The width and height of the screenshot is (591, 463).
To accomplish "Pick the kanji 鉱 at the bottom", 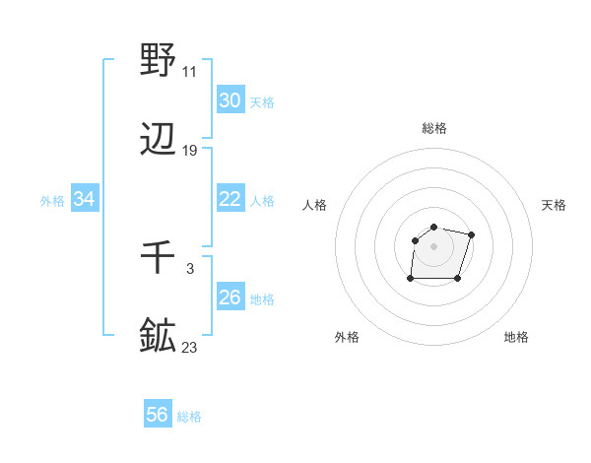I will (159, 335).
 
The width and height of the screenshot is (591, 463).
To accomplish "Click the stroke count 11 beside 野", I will (189, 72).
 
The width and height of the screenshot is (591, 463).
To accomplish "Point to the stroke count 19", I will (189, 151).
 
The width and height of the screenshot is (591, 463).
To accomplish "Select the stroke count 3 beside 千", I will (189, 268).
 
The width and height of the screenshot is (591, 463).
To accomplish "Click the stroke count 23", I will (189, 347).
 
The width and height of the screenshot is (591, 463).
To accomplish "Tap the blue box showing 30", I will (230, 100).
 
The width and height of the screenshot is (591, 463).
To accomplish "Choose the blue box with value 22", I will (230, 199).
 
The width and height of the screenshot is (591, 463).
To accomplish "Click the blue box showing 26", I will (230, 298).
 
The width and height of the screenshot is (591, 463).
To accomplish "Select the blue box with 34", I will (85, 199).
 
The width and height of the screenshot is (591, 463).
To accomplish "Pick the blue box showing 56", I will (158, 415).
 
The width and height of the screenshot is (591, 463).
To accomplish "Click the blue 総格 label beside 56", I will (189, 417).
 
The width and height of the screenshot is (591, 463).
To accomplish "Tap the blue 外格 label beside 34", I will (52, 201).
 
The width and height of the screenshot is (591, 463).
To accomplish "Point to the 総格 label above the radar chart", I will (434, 128).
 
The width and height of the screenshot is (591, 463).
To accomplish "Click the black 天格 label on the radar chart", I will (555, 205).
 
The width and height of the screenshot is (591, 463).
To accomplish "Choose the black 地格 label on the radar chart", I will (516, 337).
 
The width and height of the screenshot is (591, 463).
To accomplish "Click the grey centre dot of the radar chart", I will (434, 245).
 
